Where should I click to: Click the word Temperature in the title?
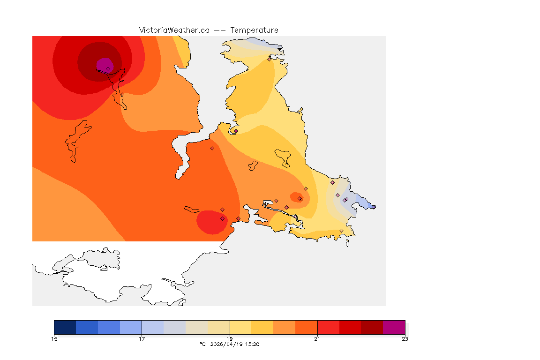click(x=255, y=30)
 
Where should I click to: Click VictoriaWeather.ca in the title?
click(x=174, y=30)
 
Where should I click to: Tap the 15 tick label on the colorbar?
click(x=54, y=339)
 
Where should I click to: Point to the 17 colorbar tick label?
click(x=142, y=339)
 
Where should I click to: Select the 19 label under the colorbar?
click(x=229, y=339)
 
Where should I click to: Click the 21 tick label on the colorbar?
click(x=317, y=339)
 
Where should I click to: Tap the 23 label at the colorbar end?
click(x=405, y=339)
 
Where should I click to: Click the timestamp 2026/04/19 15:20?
click(x=235, y=345)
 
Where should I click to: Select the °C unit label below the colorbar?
click(x=202, y=345)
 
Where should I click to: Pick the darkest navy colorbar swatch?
click(x=65, y=327)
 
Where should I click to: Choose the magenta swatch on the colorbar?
click(x=394, y=327)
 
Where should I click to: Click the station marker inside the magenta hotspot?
click(x=108, y=68)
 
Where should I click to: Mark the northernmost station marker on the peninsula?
click(x=269, y=59)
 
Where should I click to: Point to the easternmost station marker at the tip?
click(x=374, y=207)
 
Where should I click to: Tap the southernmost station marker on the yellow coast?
click(x=341, y=231)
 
